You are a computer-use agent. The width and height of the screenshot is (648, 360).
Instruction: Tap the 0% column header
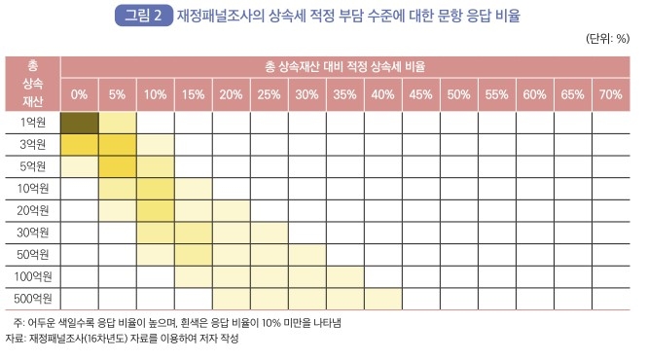point(79,94)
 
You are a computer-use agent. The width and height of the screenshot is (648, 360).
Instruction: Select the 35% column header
point(344,94)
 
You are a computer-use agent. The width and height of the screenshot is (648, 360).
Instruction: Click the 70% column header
point(611,94)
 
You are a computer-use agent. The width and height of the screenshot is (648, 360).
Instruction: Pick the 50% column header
point(458,94)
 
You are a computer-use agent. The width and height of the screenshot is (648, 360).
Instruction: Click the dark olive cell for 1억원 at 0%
point(79,122)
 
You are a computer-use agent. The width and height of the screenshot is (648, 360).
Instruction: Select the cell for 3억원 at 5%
point(117,144)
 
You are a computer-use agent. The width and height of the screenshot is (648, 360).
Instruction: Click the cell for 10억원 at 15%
point(193,188)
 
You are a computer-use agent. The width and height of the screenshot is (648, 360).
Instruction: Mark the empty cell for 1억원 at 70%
point(611,122)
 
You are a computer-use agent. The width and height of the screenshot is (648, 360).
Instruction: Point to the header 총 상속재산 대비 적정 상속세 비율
point(344,69)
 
